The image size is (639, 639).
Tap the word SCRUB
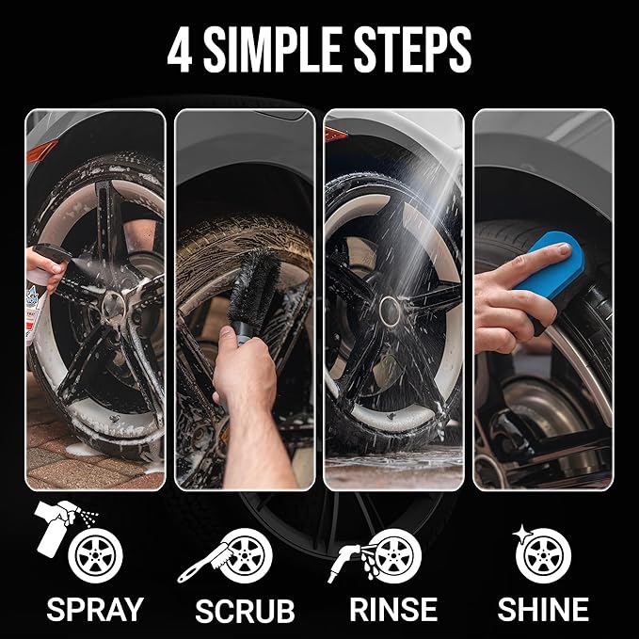point(245,610)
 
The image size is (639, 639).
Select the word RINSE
point(393,608)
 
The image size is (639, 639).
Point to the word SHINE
point(543,608)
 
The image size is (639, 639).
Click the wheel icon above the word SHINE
point(545,557)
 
